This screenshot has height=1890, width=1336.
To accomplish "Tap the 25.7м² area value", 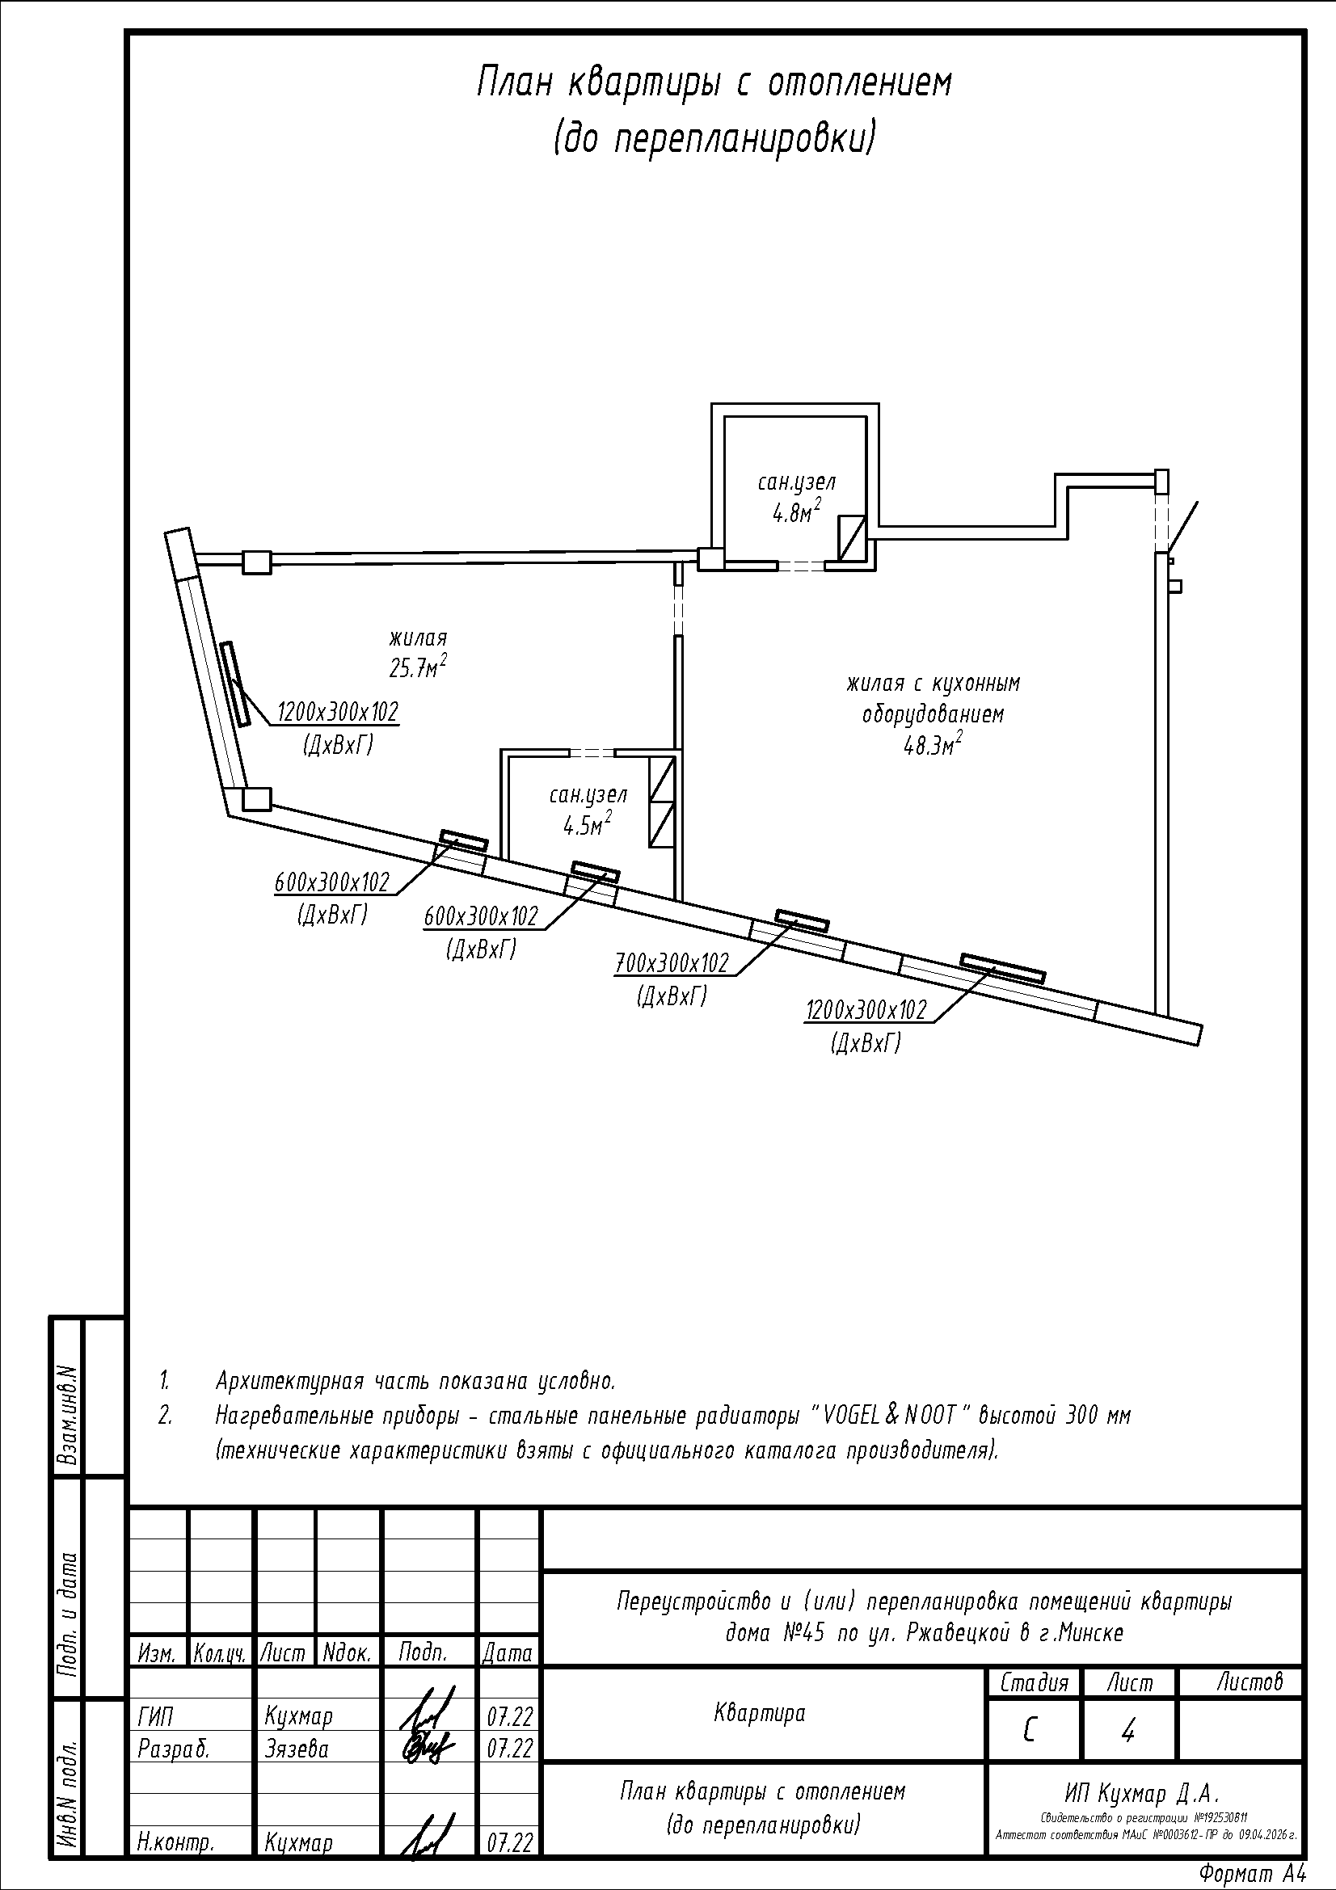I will (x=418, y=667).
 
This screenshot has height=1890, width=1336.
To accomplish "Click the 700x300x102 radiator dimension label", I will (x=672, y=962).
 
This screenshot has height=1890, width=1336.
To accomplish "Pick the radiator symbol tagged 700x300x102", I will (x=803, y=920).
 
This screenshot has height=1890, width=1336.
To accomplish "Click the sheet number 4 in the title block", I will (x=1127, y=1732).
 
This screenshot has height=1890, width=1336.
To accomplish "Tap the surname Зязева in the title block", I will (x=297, y=1748).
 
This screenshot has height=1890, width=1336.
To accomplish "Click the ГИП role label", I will (x=155, y=1716).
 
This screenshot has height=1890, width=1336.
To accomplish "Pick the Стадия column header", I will (x=1034, y=1682).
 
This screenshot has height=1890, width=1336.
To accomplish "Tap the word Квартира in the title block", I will (x=759, y=1713).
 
